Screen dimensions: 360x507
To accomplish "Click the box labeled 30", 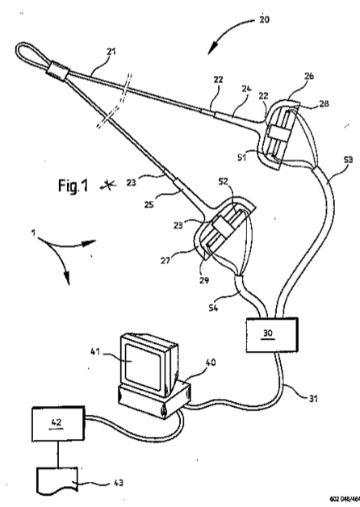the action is coord(272,335).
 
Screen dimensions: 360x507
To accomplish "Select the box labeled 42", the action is coord(58,424).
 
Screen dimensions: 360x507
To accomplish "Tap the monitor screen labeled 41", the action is coord(143,366).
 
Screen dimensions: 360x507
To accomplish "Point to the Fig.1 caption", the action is coord(73,186).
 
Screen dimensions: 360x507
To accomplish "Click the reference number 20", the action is coord(264,19).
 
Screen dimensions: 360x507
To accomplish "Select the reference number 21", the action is coord(111,51).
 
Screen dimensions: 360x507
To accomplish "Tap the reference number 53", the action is coord(348,159).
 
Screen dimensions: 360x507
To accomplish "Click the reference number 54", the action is coord(213,307).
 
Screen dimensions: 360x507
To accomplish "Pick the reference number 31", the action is coord(313,398).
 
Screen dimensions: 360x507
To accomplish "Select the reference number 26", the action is coord(309,76).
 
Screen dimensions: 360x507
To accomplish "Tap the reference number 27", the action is coord(165,261).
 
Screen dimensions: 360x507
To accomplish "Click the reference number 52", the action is coord(223,182).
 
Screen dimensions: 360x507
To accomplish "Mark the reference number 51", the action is coord(241,157).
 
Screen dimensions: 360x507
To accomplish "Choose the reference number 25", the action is coord(149,205).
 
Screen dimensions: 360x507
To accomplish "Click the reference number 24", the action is coord(246,88).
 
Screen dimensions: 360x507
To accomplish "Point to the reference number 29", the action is coord(204,280).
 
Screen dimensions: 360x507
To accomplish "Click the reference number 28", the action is coord(324,103).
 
